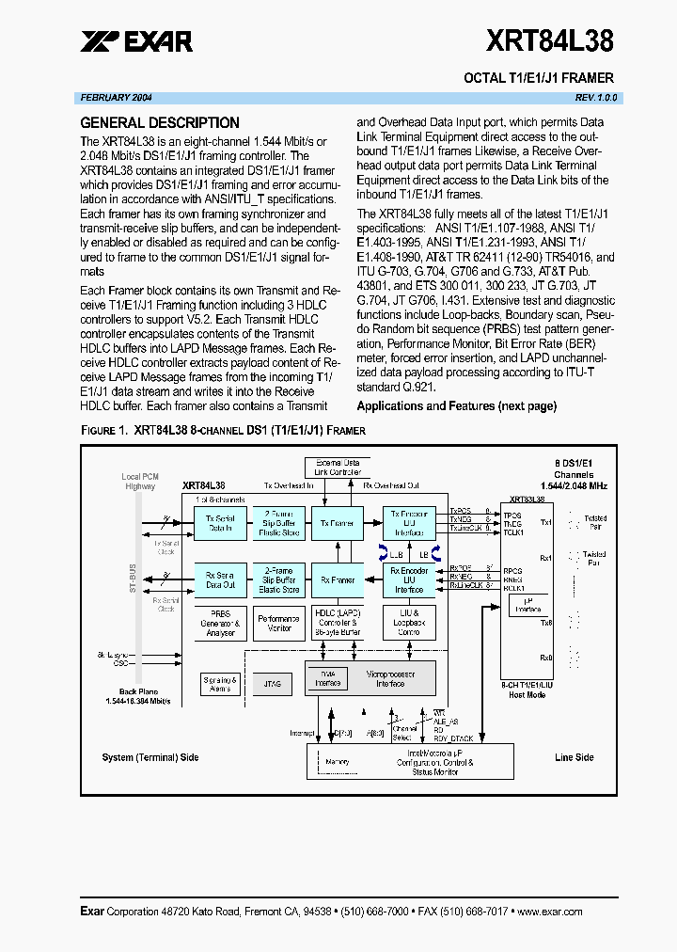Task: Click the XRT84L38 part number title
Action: click(x=549, y=41)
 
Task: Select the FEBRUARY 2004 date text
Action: click(x=116, y=98)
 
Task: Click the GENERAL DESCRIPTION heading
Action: click(x=160, y=122)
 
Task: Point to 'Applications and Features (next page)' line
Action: click(x=456, y=406)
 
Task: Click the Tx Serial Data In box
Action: click(x=220, y=523)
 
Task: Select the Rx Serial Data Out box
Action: click(x=220, y=580)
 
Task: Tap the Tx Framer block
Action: click(x=338, y=523)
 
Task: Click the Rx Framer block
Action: click(x=338, y=580)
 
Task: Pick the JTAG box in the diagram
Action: click(x=274, y=684)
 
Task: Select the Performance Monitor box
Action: click(x=278, y=623)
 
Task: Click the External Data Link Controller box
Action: click(x=338, y=467)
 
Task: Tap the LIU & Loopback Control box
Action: click(x=409, y=623)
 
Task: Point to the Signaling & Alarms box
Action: click(x=221, y=684)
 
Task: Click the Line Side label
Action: click(x=575, y=757)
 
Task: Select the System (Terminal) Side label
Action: click(x=150, y=757)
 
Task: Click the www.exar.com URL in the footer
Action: click(x=550, y=912)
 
